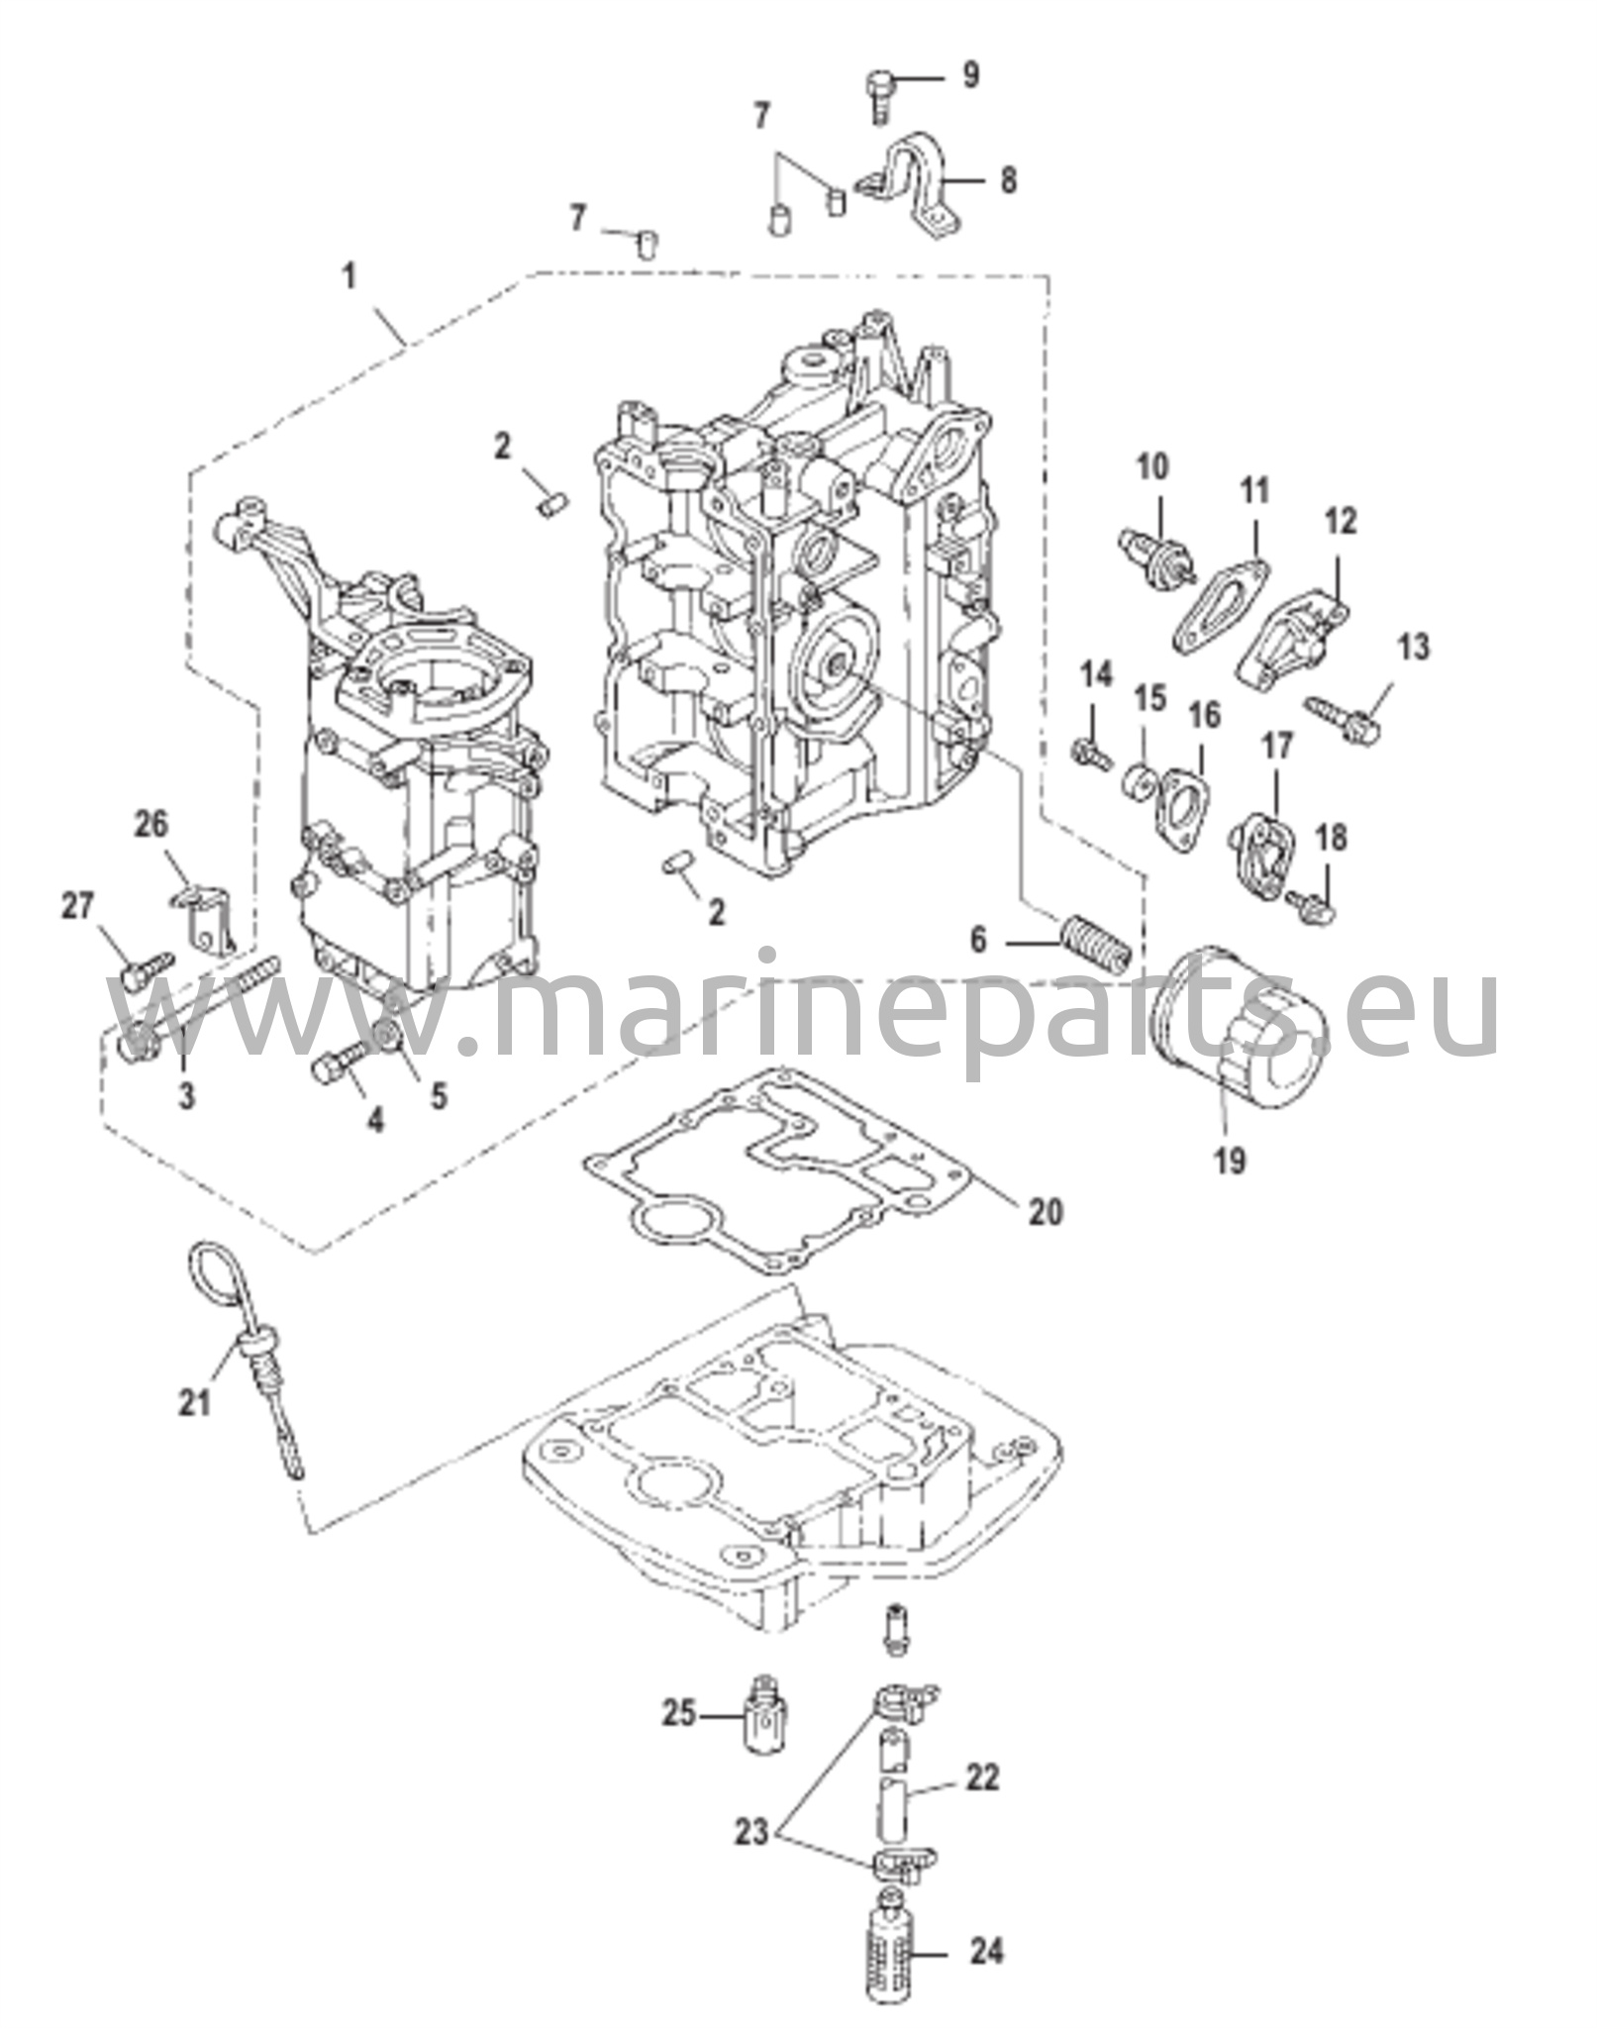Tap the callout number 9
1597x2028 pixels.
[x=970, y=75]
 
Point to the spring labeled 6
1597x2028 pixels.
[x=1095, y=945]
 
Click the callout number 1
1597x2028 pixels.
[x=349, y=277]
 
